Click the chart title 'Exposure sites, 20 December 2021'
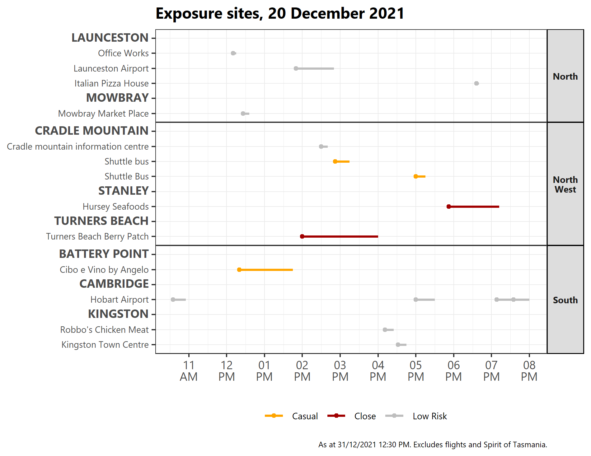pos(280,14)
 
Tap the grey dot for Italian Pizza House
pos(476,83)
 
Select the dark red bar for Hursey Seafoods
pos(474,207)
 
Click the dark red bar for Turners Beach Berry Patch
pos(340,236)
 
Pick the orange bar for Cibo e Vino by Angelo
pos(266,270)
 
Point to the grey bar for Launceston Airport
pos(315,68)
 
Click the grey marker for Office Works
pos(233,53)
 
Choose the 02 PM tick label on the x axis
pos(302,371)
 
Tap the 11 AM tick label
pos(189,371)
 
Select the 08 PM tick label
pos(529,371)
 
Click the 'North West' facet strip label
pos(565,184)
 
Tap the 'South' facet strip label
pos(565,300)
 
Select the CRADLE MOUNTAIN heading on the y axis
pos(91,131)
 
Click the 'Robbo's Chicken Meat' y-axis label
pos(104,330)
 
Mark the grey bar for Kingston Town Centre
pos(402,345)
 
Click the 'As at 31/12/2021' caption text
pos(432,445)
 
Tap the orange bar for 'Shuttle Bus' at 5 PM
pos(420,176)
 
